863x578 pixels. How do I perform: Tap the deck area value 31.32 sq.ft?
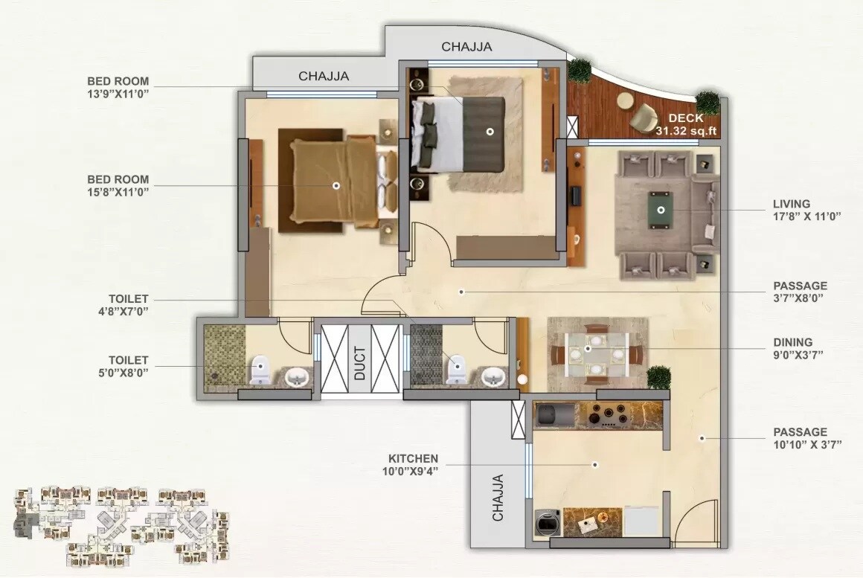[x=685, y=131]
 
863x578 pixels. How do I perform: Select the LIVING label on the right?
[x=791, y=203]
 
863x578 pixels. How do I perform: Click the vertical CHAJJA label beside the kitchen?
[x=498, y=497]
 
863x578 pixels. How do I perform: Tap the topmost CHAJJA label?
[x=466, y=47]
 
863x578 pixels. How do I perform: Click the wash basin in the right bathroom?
[x=490, y=376]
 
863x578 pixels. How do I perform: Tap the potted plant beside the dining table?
[x=658, y=377]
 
